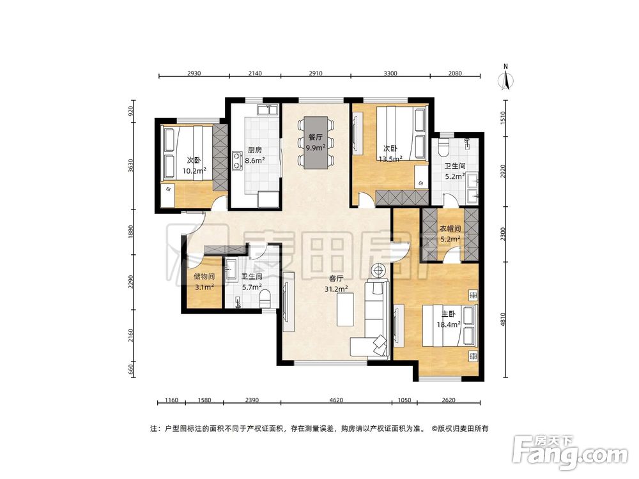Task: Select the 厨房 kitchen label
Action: click(256, 151)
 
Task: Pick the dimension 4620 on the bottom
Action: click(337, 400)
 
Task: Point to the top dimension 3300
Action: click(390, 73)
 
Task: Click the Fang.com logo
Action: click(570, 451)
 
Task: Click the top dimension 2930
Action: click(194, 73)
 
